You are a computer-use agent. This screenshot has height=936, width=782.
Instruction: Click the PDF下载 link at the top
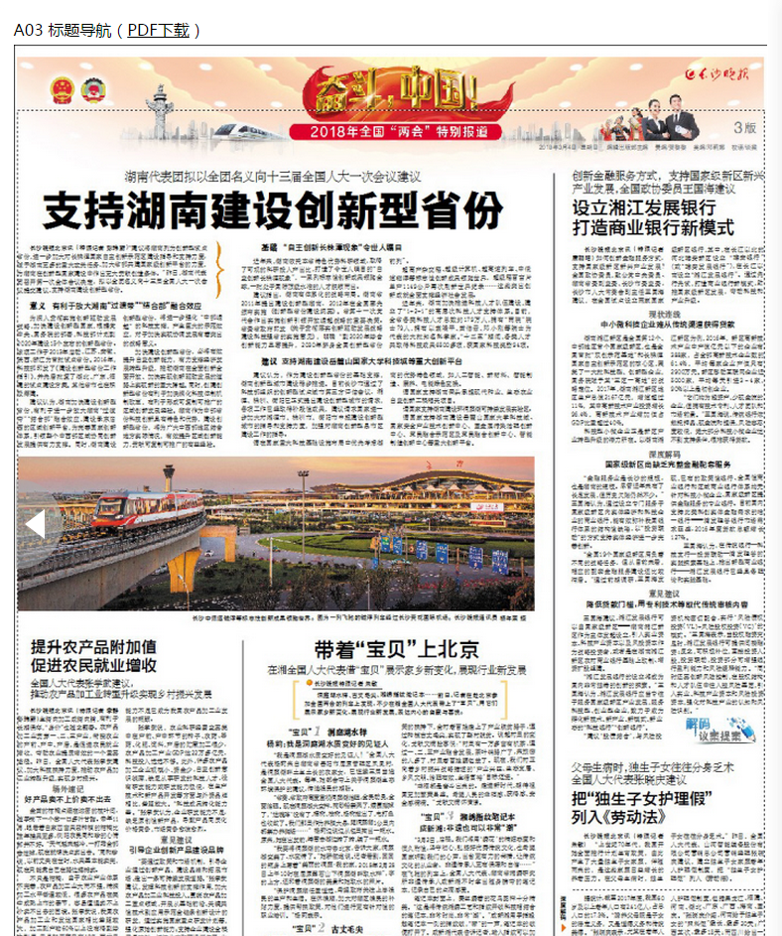158,30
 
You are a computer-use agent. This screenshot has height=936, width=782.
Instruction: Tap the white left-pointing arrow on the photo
35,524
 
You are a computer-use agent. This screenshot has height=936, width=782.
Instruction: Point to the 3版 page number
744,128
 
